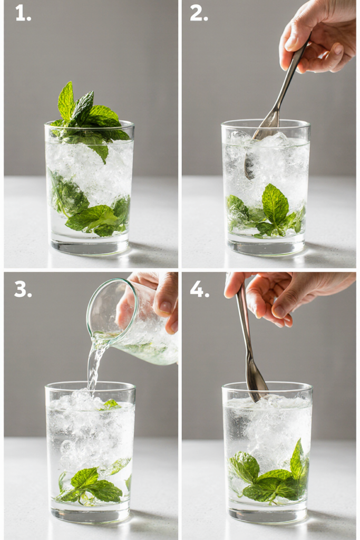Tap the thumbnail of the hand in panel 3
pyautogui.click(x=166, y=306)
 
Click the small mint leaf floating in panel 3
pyautogui.click(x=111, y=404)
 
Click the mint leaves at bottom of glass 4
pyautogui.click(x=268, y=474)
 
